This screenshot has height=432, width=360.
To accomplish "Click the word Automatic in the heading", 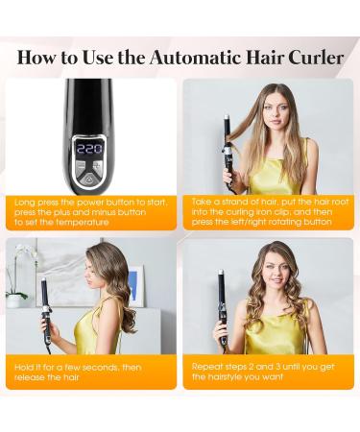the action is (x=196, y=58).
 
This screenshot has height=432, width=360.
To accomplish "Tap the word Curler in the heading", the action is (x=316, y=58).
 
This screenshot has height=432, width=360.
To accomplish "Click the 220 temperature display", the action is (x=89, y=149).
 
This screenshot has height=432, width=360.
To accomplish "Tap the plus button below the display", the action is (x=97, y=165).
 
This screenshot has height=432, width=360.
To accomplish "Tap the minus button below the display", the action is (x=81, y=166).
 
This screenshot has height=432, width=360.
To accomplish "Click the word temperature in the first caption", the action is (x=83, y=222).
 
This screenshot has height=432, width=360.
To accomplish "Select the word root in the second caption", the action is (x=340, y=202).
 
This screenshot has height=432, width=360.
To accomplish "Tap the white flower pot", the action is (x=13, y=301).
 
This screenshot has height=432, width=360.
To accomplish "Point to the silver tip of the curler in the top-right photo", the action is (x=226, y=117).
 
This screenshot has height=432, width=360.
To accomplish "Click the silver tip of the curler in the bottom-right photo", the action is (x=221, y=273).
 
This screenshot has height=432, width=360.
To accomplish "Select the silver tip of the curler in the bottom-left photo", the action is (x=43, y=280).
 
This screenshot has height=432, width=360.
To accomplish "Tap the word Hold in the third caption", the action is (x=23, y=368).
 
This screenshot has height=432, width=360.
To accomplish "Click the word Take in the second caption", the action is (x=200, y=202).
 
